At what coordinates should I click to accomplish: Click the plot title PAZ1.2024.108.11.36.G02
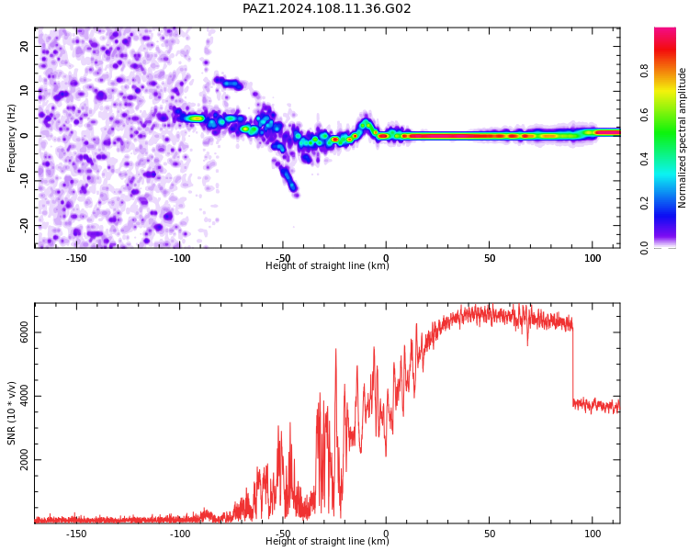pos(326,8)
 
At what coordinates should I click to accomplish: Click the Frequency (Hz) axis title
pos(11,138)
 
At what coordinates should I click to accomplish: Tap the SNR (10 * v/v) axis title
pos(11,413)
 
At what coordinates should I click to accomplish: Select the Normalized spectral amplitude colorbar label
pos(682,138)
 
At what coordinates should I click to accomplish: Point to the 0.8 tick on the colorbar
pos(644,71)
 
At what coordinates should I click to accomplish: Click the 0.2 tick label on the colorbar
pos(644,203)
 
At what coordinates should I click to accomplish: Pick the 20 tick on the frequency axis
pos(24,46)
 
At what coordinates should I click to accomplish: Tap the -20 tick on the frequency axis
pos(24,226)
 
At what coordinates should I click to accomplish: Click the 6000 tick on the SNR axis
pos(24,332)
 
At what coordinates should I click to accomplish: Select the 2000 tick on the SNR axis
pos(24,459)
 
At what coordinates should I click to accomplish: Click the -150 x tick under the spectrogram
pos(76,258)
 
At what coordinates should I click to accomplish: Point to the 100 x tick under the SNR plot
pos(593,534)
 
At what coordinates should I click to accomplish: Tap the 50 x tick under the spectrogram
pos(490,258)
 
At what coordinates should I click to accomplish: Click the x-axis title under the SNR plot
pos(327,541)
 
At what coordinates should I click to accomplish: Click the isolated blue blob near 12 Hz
pos(229,83)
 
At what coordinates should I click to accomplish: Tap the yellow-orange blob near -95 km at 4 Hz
pos(194,118)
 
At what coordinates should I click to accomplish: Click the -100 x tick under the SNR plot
pos(180,534)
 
